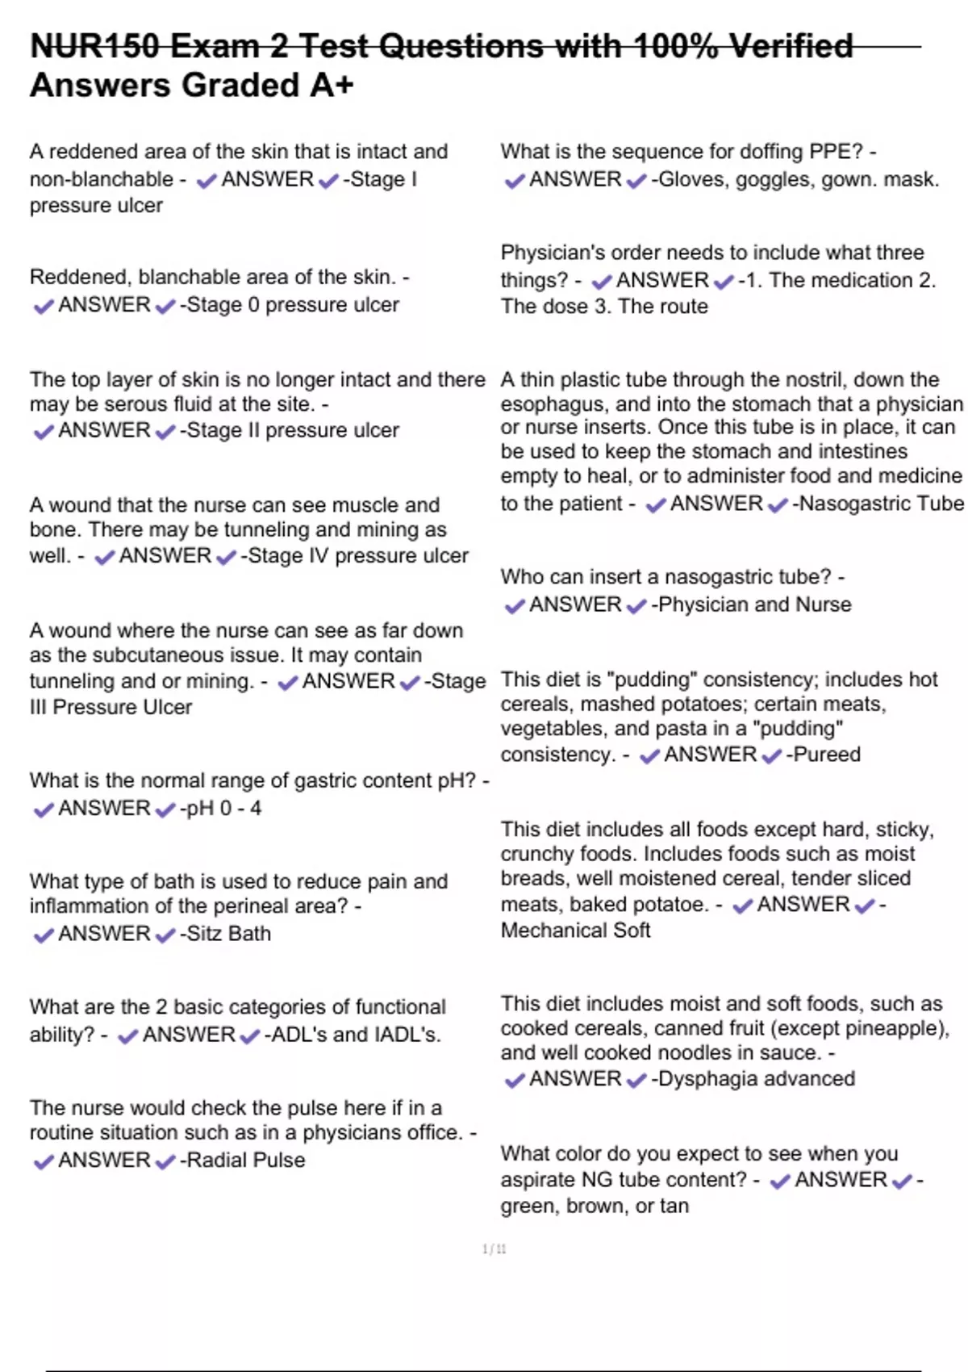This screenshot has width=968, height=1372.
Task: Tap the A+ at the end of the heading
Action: (332, 86)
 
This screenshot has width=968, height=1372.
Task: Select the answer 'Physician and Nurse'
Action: (755, 604)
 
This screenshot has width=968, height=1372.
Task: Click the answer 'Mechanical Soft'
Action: (575, 931)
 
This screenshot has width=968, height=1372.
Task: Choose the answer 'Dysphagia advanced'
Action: (757, 1079)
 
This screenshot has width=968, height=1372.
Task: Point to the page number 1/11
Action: (494, 1249)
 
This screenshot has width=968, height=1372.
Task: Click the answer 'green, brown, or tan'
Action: (595, 1206)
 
